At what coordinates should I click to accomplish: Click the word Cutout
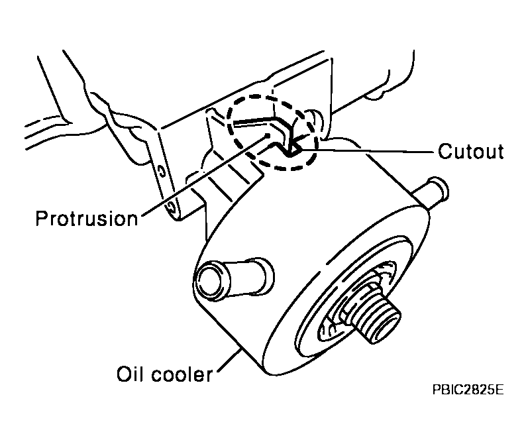tap(471, 151)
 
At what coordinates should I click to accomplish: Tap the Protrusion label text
tap(87, 218)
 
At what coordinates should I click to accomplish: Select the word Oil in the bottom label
tap(128, 374)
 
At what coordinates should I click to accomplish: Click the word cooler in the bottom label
tap(182, 374)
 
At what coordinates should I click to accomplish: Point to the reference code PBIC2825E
tap(468, 390)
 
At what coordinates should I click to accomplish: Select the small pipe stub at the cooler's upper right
tap(433, 190)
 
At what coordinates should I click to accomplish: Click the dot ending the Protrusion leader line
tap(268, 135)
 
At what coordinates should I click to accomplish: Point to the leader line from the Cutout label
tap(366, 150)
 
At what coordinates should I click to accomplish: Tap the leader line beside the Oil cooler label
tap(229, 361)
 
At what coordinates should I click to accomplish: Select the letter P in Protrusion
tap(42, 218)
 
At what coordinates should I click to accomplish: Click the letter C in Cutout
tap(445, 151)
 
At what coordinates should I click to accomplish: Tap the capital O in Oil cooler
tap(123, 374)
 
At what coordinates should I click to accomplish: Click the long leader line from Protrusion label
tap(205, 175)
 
